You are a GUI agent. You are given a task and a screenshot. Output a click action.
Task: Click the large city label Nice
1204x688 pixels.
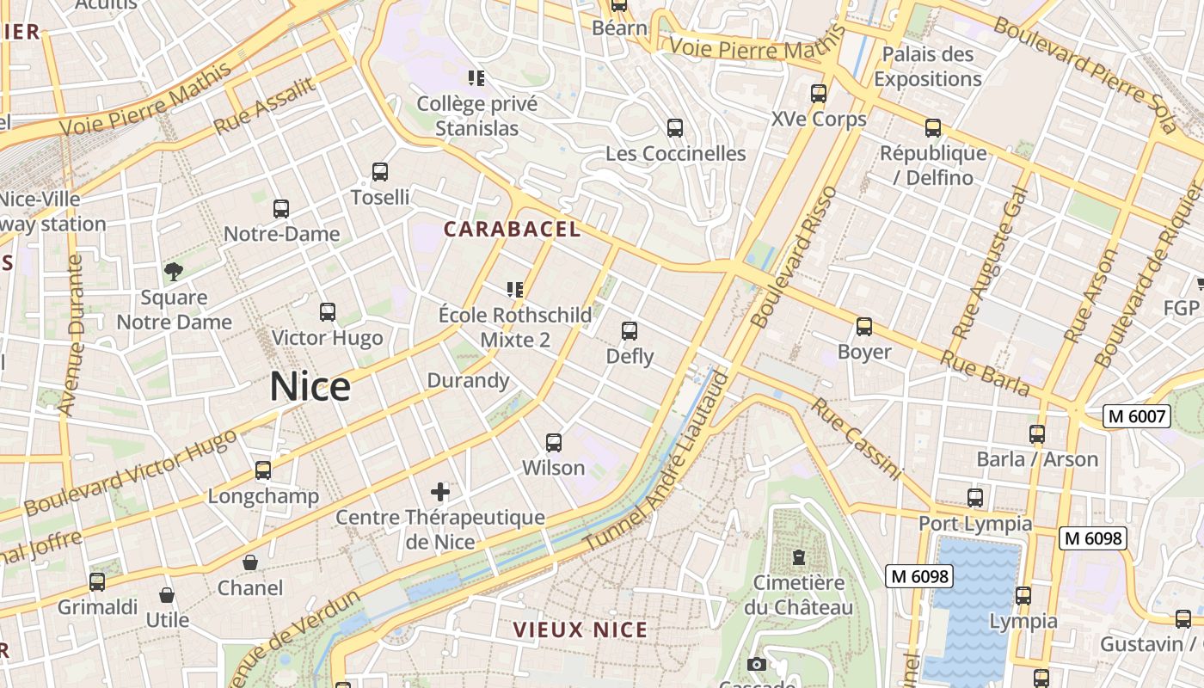tap(310, 387)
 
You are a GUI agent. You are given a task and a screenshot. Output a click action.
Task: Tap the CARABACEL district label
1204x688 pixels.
tap(512, 230)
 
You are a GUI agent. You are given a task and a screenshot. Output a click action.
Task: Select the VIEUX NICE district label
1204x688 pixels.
tap(580, 630)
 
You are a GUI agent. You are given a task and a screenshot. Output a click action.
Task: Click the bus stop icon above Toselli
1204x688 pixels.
tap(380, 172)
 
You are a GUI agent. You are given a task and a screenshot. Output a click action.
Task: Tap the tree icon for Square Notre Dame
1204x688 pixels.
tap(174, 273)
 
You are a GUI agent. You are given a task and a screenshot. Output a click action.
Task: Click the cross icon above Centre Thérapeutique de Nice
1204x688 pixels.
tap(440, 492)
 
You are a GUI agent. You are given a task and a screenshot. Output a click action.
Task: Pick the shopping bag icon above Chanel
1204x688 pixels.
tap(249, 562)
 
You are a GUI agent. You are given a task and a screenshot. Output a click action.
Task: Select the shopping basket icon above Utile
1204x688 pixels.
tap(167, 595)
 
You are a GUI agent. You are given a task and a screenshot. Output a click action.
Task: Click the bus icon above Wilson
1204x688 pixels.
tap(554, 443)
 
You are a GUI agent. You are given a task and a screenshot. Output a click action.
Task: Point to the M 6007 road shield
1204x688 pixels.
tap(1137, 417)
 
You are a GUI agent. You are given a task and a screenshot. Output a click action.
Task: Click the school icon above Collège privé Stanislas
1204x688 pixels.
tap(476, 78)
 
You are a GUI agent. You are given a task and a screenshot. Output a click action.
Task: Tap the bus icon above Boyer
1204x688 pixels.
tap(864, 327)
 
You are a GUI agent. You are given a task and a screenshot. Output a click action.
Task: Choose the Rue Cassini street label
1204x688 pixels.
tap(856, 439)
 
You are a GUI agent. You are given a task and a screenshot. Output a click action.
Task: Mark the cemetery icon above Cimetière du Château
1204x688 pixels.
tap(799, 557)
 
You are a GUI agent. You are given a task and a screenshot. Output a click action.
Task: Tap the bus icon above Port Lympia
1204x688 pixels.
tap(975, 498)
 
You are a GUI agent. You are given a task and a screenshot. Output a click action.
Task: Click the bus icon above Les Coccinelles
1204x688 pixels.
tap(675, 128)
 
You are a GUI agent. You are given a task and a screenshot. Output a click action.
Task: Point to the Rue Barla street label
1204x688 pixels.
tap(985, 372)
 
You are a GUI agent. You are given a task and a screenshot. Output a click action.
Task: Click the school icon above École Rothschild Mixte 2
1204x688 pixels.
tap(515, 290)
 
